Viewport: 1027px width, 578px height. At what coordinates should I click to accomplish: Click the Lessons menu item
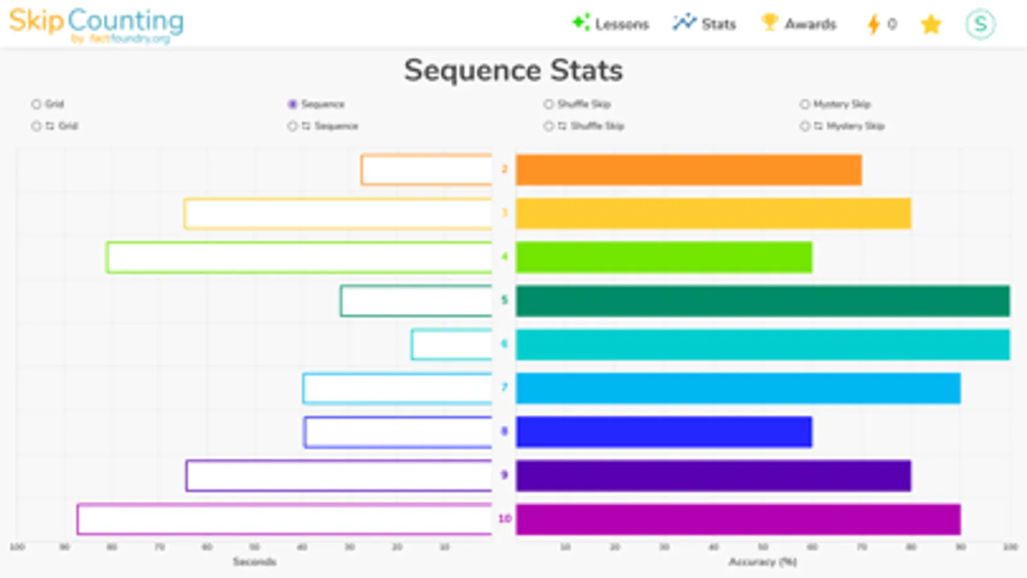click(611, 24)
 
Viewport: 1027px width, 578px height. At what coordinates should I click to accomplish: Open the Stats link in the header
click(705, 24)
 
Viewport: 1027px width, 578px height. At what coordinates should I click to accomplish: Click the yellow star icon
click(931, 24)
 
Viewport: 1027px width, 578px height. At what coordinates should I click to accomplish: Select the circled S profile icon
click(980, 24)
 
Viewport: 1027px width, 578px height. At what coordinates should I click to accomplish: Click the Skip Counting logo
click(96, 24)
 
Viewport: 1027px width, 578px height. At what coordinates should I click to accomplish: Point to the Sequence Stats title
click(513, 70)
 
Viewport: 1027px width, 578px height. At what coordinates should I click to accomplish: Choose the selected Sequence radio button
click(293, 104)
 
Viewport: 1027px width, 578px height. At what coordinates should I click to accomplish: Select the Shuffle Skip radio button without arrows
click(549, 104)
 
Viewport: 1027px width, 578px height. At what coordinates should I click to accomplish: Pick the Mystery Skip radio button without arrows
click(805, 104)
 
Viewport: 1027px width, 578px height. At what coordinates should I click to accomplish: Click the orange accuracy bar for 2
click(689, 170)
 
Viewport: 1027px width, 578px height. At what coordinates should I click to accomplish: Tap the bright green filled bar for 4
click(663, 257)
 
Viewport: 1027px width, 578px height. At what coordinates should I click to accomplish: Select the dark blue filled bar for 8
click(663, 432)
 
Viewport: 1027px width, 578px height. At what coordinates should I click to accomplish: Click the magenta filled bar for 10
click(738, 519)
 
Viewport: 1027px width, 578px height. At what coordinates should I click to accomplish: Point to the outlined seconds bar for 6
click(452, 345)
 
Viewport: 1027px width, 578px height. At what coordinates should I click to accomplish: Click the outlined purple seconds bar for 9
click(339, 476)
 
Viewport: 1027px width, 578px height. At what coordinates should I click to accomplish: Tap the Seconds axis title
click(254, 562)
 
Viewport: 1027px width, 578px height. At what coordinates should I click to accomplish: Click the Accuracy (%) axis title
click(762, 562)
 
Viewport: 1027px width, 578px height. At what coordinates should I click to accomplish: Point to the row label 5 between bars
click(504, 300)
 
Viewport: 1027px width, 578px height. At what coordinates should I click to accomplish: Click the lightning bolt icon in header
click(873, 24)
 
